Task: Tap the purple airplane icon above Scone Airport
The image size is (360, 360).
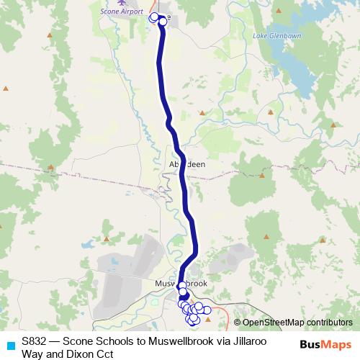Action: point(122,3)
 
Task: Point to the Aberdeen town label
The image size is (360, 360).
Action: point(186,164)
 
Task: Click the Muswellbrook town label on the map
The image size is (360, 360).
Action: point(181,284)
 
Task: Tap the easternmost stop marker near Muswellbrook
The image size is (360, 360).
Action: point(207,310)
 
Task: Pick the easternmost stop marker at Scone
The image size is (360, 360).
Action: point(163,22)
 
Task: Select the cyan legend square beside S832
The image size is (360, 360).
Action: point(9,345)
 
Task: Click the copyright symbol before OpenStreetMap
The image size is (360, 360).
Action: point(237,323)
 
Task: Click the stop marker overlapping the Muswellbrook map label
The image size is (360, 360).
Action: point(182,285)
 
